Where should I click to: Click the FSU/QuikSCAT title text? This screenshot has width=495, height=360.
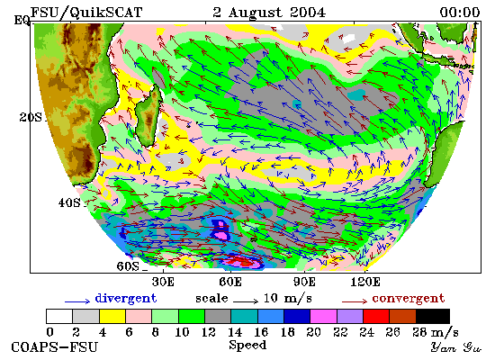pyautogui.click(x=86, y=13)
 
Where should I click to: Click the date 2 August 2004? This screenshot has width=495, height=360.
pyautogui.click(x=269, y=13)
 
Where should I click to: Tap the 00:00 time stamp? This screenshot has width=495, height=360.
pyautogui.click(x=460, y=13)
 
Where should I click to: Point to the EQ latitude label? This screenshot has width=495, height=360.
pyautogui.click(x=22, y=21)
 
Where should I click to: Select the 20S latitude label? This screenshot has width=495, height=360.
pyautogui.click(x=31, y=117)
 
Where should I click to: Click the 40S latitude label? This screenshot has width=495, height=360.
pyautogui.click(x=69, y=202)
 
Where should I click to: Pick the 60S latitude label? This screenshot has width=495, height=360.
pyautogui.click(x=128, y=266)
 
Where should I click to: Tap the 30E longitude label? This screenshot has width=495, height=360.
pyautogui.click(x=163, y=282)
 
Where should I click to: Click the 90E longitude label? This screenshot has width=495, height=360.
pyautogui.click(x=304, y=282)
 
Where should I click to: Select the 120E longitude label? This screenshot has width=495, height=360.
pyautogui.click(x=365, y=282)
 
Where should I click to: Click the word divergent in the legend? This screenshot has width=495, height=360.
pyautogui.click(x=126, y=299)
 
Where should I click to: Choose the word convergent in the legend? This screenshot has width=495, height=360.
pyautogui.click(x=409, y=299)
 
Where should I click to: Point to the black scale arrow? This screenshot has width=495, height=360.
pyautogui.click(x=246, y=301)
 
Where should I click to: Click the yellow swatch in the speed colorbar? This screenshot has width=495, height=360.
pyautogui.click(x=112, y=317)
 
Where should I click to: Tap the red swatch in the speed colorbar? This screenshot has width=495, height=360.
pyautogui.click(x=376, y=317)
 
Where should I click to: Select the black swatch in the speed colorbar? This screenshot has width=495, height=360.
pyautogui.click(x=433, y=317)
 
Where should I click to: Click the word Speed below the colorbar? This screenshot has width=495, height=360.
pyautogui.click(x=247, y=346)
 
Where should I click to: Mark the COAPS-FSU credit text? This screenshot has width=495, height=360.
pyautogui.click(x=54, y=347)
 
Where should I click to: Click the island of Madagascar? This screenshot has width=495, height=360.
pyautogui.click(x=148, y=116)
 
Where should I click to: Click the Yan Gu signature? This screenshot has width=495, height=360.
pyautogui.click(x=456, y=347)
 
